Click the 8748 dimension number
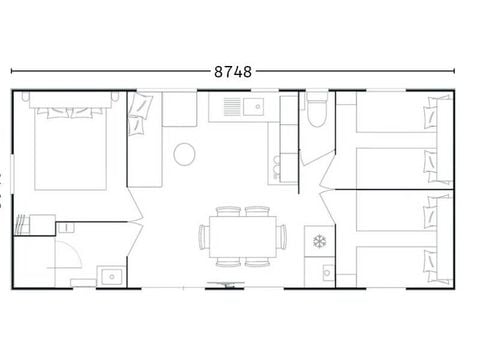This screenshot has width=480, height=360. [233, 72]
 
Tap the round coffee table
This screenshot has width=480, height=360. [185, 154]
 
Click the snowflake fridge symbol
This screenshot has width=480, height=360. [320, 241]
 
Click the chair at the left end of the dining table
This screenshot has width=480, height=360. [204, 236]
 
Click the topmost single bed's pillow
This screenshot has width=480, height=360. [434, 113]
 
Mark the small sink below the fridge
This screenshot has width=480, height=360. [325, 270]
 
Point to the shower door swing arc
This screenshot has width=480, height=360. [62, 256]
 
